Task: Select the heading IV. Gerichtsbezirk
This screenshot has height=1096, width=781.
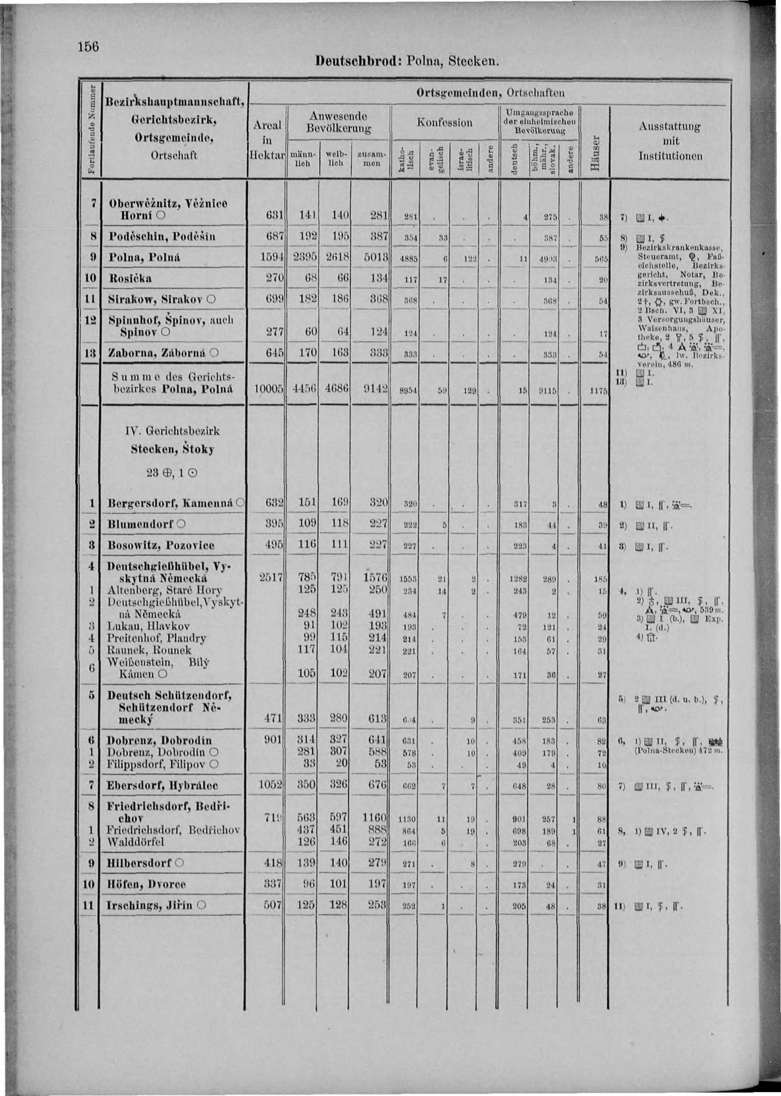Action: click(172, 430)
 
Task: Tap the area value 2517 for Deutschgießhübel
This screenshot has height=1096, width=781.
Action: click(272, 577)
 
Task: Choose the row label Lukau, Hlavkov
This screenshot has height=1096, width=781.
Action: click(149, 626)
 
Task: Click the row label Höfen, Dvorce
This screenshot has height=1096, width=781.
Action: click(147, 884)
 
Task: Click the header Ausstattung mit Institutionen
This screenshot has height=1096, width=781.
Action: click(670, 141)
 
